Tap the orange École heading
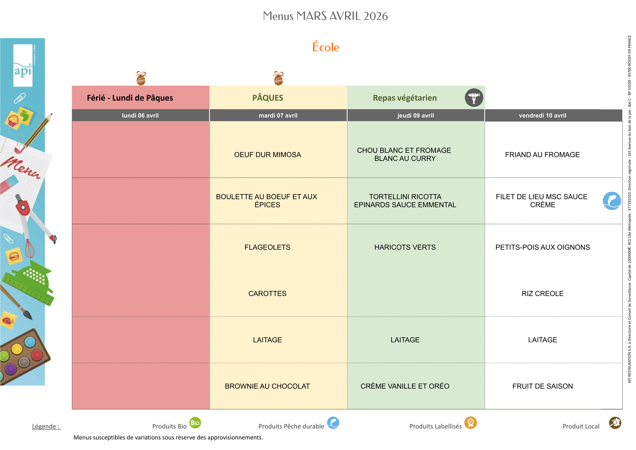pyautogui.click(x=326, y=47)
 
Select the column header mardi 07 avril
pyautogui.click(x=278, y=116)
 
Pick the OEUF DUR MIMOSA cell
pyautogui.click(x=267, y=155)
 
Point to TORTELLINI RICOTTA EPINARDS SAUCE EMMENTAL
pyautogui.click(x=405, y=201)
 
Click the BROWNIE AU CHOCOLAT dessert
pyautogui.click(x=267, y=386)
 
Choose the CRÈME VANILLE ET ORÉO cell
pyautogui.click(x=405, y=386)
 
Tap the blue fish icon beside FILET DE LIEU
pyautogui.click(x=612, y=201)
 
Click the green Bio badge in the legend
pyautogui.click(x=195, y=423)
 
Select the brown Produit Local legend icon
pyautogui.click(x=615, y=423)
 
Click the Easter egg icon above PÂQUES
pyautogui.click(x=278, y=78)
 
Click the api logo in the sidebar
pyautogui.click(x=23, y=67)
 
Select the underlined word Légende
pyautogui.click(x=46, y=426)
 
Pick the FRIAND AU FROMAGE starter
pyautogui.click(x=542, y=155)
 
